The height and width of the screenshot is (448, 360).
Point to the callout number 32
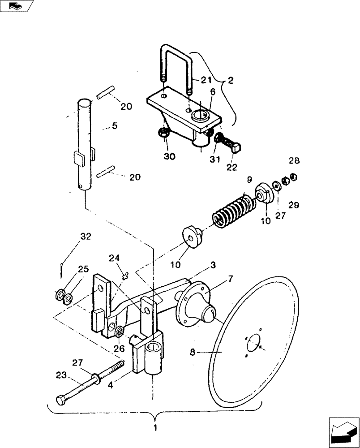[x=86, y=236]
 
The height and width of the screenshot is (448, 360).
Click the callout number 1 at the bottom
[x=155, y=428]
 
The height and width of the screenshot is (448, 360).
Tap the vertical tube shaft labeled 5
[x=86, y=143]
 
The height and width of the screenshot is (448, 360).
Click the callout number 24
[x=114, y=258]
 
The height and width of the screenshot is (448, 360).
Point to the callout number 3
[x=213, y=265]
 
